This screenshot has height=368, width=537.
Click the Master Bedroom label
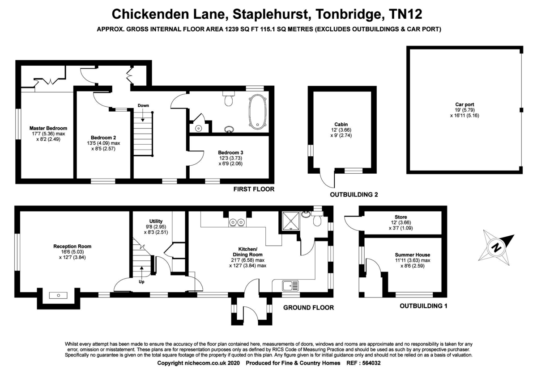coord(48,128)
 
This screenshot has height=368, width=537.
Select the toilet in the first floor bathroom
coord(229,99)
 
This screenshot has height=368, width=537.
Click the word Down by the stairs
coord(143,105)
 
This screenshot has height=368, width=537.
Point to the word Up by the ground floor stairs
coord(141,282)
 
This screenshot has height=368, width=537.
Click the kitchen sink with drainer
coord(290,285)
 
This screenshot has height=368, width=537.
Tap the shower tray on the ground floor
coord(291,221)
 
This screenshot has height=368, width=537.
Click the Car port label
coord(465,105)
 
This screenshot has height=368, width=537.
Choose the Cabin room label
coord(341,125)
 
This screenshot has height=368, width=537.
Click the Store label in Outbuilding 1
coord(401,217)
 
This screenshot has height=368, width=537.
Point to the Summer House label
coord(413,255)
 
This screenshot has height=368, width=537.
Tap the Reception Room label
coord(72,246)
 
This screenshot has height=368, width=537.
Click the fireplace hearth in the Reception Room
coord(58,296)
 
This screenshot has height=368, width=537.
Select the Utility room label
coord(156,221)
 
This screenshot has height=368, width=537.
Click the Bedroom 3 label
coord(230,152)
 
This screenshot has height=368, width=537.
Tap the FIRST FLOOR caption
coord(254,189)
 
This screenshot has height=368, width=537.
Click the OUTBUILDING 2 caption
coord(354,195)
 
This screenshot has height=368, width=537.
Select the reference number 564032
coord(371,363)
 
